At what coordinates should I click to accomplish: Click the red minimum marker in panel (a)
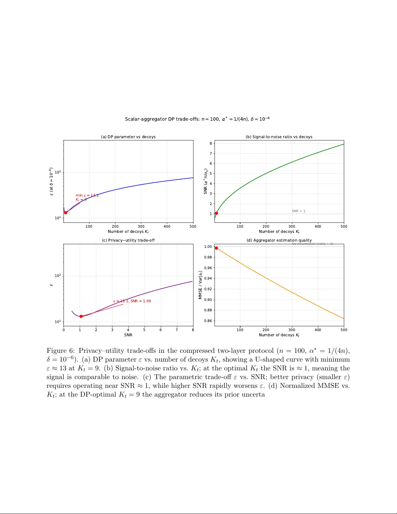coord(65,213)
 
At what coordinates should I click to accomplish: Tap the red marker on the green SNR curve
coord(216,213)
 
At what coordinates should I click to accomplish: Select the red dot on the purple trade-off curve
coord(81,316)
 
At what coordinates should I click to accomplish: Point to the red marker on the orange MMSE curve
coord(216,248)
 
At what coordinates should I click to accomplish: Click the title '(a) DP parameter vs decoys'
coord(128,137)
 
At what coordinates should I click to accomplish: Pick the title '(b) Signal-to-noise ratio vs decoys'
coord(279,137)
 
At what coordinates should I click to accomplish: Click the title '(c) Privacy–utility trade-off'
coord(128,240)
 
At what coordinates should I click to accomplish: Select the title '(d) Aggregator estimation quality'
coord(279,240)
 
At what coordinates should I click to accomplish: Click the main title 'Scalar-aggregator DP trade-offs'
coord(197,119)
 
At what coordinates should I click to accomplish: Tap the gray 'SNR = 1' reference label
coord(298,211)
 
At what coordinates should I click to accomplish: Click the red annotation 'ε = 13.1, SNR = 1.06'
coord(132,301)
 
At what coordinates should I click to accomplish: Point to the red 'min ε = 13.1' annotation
coord(87,195)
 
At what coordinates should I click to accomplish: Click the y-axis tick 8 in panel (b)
coord(211,143)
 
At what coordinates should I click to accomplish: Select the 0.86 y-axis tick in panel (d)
coord(208,321)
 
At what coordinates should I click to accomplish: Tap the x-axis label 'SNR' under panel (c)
coord(128,335)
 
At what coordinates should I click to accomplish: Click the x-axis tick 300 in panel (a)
coord(141,226)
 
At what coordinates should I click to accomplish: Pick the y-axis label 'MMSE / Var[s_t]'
coord(200,285)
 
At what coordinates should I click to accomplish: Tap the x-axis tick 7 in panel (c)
coord(177,330)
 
